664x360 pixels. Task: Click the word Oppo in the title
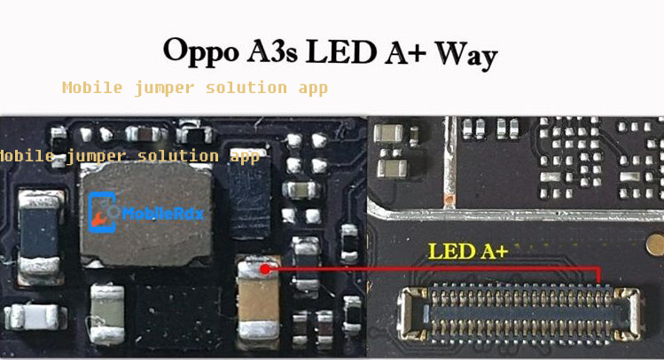coord(200,51)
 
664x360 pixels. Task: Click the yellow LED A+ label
coord(467,252)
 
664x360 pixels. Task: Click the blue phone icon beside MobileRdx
coord(103,213)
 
